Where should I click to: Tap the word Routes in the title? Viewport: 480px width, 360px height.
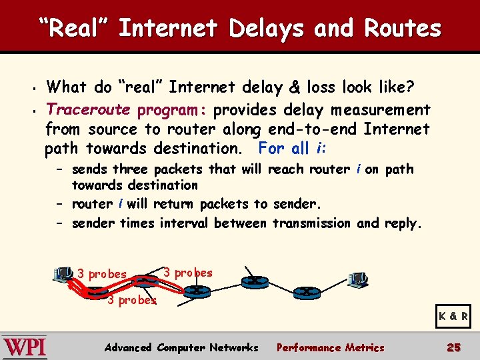pyautogui.click(x=403, y=29)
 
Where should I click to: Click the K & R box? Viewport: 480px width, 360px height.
pyautogui.click(x=453, y=317)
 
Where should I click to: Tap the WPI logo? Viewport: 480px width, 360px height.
pyautogui.click(x=25, y=347)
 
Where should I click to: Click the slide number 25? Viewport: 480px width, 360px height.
pyautogui.click(x=453, y=347)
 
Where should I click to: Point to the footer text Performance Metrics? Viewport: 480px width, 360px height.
pyautogui.click(x=330, y=347)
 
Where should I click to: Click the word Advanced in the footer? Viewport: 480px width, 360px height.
pyautogui.click(x=129, y=347)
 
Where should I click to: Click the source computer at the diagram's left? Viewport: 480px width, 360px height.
pyautogui.click(x=62, y=274)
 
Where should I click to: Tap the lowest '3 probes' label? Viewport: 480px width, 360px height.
pyautogui.click(x=132, y=300)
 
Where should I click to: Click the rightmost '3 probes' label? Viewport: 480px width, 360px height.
pyautogui.click(x=188, y=273)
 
